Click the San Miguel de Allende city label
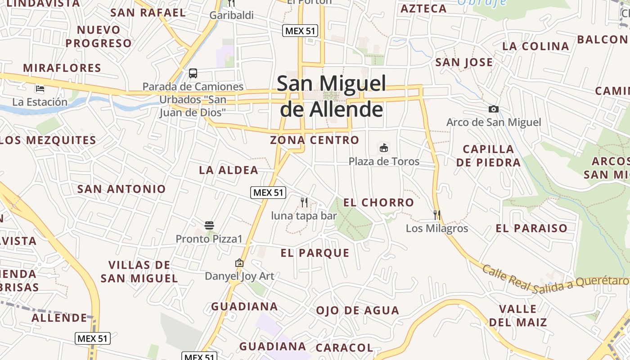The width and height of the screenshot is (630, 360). click(x=332, y=96)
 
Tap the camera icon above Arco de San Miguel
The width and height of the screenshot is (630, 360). click(x=494, y=109)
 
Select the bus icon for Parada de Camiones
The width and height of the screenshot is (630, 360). click(x=193, y=73)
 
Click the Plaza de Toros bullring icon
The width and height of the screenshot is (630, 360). click(x=384, y=148)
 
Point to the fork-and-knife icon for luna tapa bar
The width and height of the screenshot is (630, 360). click(x=304, y=202)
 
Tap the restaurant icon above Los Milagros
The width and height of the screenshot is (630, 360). click(x=437, y=215)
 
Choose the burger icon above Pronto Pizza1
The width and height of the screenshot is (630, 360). click(x=209, y=225)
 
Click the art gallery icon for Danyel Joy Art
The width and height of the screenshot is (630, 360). click(x=239, y=263)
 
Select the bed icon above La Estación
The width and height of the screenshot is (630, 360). click(x=40, y=89)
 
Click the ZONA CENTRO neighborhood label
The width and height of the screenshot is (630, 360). click(x=315, y=140)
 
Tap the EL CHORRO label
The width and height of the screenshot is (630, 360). click(x=378, y=202)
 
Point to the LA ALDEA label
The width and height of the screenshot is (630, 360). click(x=229, y=170)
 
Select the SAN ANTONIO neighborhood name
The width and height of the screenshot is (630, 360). click(x=121, y=189)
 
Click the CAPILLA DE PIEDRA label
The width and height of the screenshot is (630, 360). click(x=488, y=156)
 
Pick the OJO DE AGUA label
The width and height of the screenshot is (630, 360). click(x=357, y=310)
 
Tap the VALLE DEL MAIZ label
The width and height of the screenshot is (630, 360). click(x=518, y=315)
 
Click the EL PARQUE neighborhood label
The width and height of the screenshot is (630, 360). click(x=315, y=253)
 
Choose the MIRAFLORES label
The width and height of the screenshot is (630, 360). click(x=62, y=68)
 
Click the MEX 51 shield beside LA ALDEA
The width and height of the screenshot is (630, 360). click(x=268, y=193)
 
